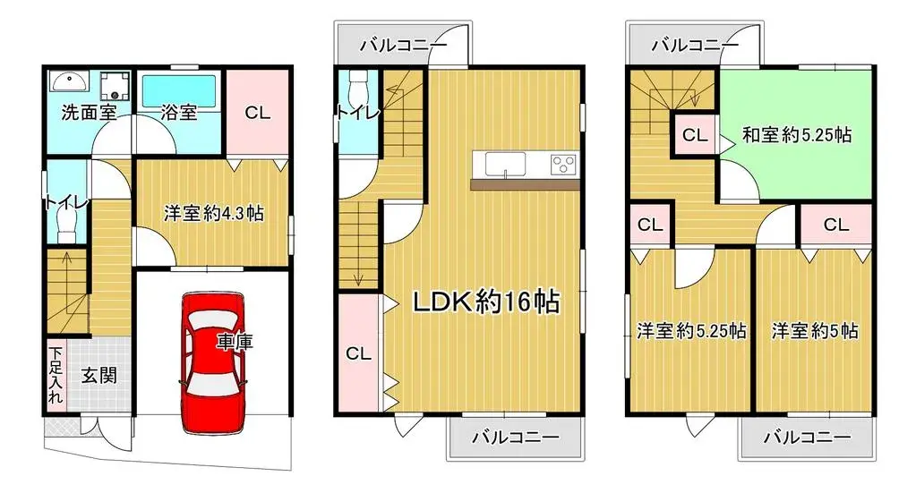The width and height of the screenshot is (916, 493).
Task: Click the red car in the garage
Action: click(212, 362)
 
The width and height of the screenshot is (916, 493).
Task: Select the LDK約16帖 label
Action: click(485, 302)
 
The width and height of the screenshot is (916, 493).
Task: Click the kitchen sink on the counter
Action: click(505, 165)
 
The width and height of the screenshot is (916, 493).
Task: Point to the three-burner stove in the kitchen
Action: click(562, 164)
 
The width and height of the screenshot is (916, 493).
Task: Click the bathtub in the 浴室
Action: click(179, 90)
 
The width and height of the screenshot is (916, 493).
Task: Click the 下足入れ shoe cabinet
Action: click(56, 376)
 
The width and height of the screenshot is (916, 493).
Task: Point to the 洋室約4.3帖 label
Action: click(213, 214)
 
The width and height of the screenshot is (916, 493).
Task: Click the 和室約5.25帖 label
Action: click(796, 135)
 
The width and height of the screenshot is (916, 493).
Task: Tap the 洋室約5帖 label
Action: click(815, 331)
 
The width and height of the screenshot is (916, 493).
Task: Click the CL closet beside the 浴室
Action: click(258, 113)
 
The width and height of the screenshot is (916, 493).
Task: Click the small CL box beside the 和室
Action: click(695, 136)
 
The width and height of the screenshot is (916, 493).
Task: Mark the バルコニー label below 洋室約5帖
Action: click(808, 438)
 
